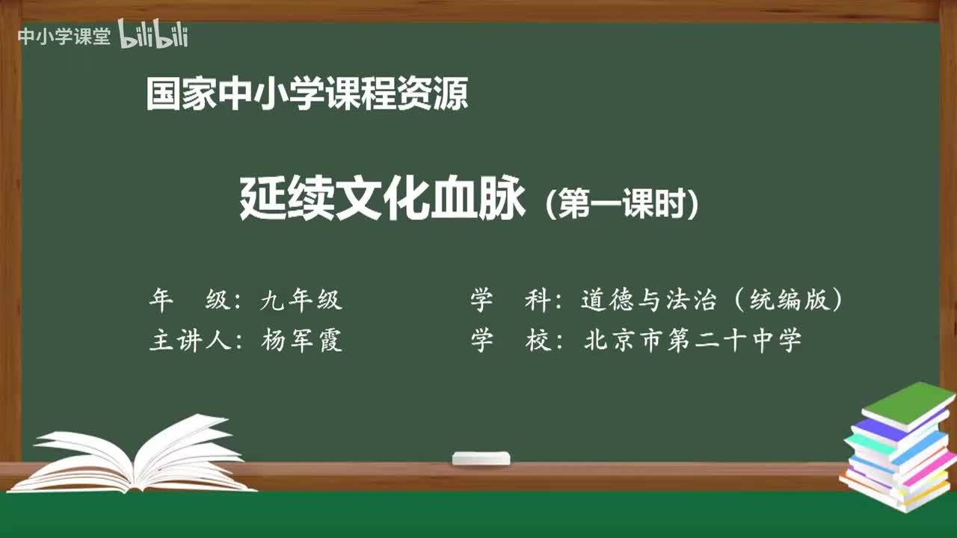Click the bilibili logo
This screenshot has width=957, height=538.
tap(153, 36)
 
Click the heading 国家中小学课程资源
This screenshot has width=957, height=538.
tap(307, 95)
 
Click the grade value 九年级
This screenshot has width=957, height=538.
tap(301, 300)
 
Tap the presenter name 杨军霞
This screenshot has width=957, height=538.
tap(301, 341)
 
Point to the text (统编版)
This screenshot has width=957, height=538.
tap(788, 300)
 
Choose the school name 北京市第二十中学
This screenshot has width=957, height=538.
tap(692, 341)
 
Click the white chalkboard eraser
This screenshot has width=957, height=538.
tap(481, 458)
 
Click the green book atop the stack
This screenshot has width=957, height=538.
tap(908, 403)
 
